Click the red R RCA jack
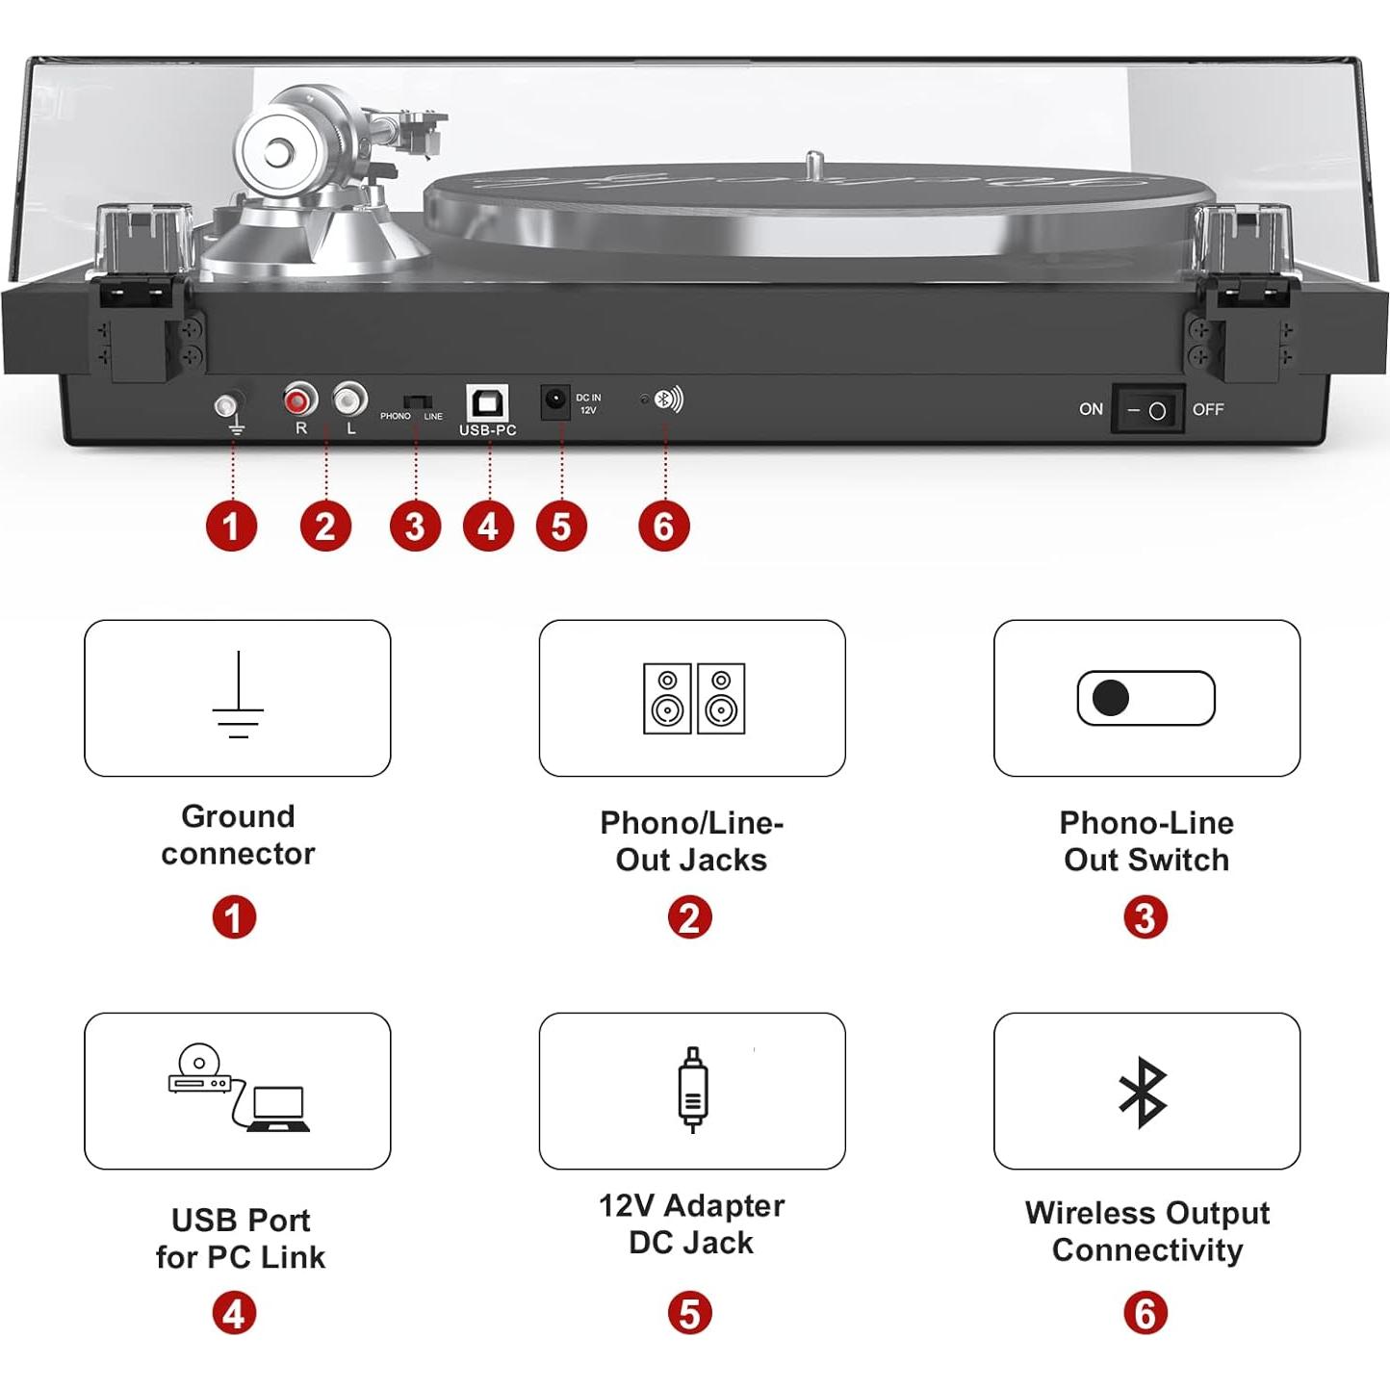click(300, 399)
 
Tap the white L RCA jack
click(350, 399)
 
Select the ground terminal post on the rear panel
click(228, 405)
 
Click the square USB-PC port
click(488, 402)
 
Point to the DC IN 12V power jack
click(554, 402)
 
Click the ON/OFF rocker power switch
click(1147, 410)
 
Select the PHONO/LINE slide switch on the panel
click(417, 401)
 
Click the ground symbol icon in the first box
click(238, 694)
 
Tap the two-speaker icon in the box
click(694, 698)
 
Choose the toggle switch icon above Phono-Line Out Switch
click(1146, 698)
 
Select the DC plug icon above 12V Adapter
click(692, 1090)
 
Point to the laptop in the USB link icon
click(279, 1109)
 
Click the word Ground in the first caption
click(238, 817)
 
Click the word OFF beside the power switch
click(1208, 409)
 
